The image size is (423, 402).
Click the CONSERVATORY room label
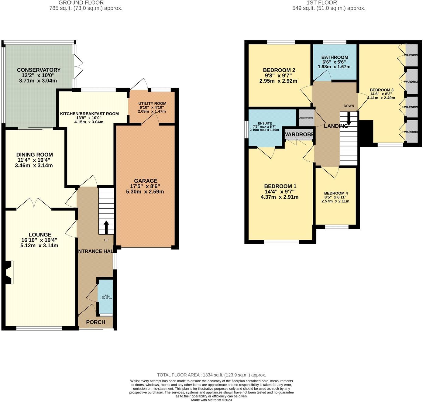(x=39, y=70)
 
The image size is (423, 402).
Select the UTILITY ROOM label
(x=152, y=104)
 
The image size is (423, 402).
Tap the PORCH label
(x=95, y=322)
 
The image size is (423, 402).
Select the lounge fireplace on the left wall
(x=9, y=272)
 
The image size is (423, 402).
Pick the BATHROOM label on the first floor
(x=335, y=57)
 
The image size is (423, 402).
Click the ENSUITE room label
(x=265, y=123)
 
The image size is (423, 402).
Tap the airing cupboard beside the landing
(x=305, y=118)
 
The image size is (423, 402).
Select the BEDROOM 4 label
(x=336, y=193)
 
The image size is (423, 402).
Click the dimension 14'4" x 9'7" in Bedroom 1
(x=279, y=192)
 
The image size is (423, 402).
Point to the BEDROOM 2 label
(x=279, y=70)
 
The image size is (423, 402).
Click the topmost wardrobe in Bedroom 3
(x=412, y=55)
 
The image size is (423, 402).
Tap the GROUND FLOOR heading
(x=81, y=3)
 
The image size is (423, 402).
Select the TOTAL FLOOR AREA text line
(x=211, y=375)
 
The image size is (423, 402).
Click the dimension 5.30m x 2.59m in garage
(x=145, y=192)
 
